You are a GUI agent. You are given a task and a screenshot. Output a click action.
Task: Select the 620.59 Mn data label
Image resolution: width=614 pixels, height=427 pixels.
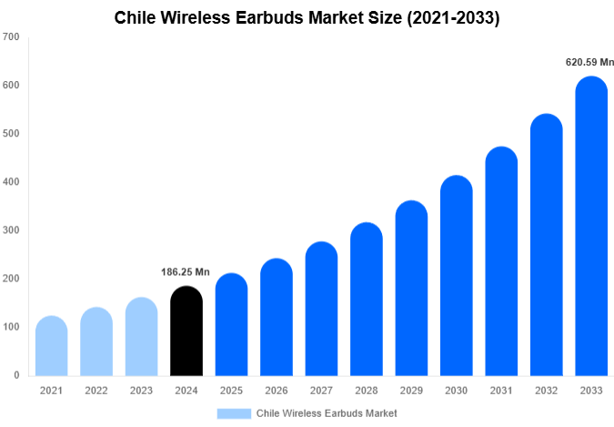coord(589,63)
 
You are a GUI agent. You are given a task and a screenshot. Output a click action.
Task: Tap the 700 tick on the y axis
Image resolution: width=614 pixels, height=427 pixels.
coord(11,37)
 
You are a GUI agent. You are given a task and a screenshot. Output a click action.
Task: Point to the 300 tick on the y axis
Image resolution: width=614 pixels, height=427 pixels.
coord(11,230)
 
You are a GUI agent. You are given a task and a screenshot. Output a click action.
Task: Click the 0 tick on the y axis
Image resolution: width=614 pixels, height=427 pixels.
coord(15,375)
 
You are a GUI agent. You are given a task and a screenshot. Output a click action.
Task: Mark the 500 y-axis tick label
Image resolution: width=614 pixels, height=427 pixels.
coord(11,134)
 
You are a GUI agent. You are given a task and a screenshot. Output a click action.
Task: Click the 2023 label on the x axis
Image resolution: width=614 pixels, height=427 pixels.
coord(141,391)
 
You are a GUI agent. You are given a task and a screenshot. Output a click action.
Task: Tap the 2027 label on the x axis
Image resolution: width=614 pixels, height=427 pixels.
coord(321,391)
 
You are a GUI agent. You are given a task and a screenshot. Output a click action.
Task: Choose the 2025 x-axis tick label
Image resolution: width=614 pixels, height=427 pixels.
coord(231,391)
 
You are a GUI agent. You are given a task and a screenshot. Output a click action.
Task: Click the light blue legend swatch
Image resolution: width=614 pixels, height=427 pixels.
coord(234,413)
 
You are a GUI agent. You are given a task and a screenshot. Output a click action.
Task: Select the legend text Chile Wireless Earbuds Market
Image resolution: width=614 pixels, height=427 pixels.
coord(327,413)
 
